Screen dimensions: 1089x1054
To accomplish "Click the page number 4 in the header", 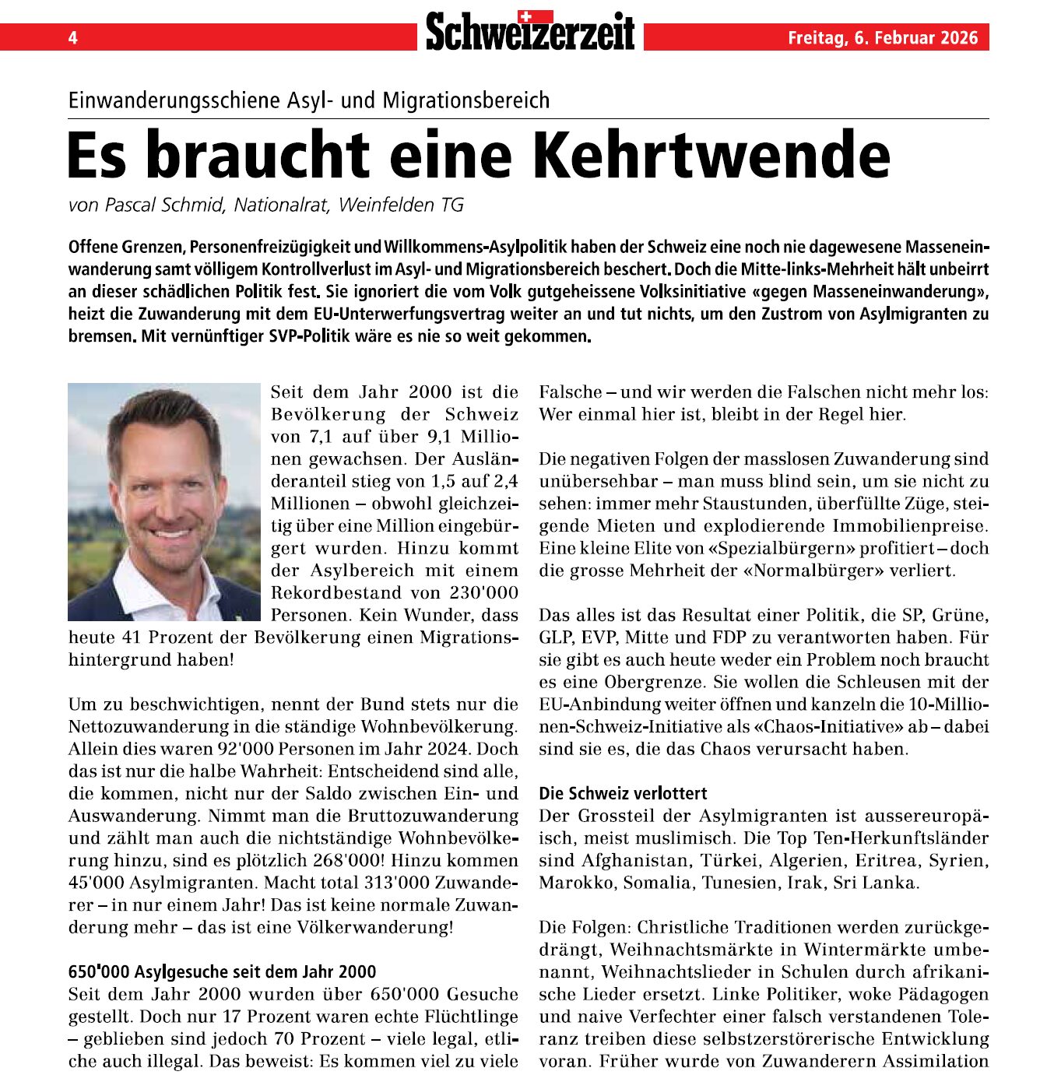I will (x=72, y=37).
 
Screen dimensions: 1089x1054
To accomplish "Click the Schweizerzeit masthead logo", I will (x=530, y=33).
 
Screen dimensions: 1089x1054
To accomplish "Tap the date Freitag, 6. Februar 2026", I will (x=883, y=37).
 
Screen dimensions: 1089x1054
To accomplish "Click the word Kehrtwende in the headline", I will (x=711, y=155).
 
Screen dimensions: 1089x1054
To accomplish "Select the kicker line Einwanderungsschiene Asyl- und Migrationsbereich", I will (x=309, y=100).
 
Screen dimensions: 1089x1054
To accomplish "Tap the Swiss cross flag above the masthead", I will (x=535, y=16).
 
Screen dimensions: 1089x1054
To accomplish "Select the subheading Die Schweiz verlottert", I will (x=623, y=794).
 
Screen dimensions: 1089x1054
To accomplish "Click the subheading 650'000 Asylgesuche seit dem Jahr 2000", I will (x=222, y=972).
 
